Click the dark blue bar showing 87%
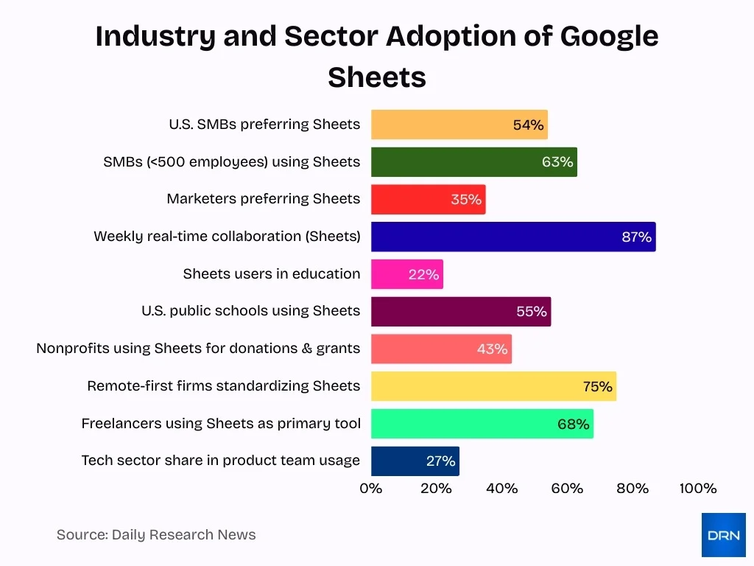[512, 237]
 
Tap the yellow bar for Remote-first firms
[493, 386]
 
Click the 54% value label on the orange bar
[528, 125]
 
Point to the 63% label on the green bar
[557, 162]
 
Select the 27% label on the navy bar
[441, 461]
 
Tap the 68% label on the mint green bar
[573, 424]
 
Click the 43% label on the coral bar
[492, 349]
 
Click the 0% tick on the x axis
[371, 489]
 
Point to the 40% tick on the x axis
[501, 489]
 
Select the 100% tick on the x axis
[697, 489]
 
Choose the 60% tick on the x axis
[567, 489]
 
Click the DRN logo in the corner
[723, 535]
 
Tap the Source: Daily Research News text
[156, 535]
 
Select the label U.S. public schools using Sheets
[250, 311]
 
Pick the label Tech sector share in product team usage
[220, 461]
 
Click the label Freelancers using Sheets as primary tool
[221, 423]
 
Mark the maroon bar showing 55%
[460, 312]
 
